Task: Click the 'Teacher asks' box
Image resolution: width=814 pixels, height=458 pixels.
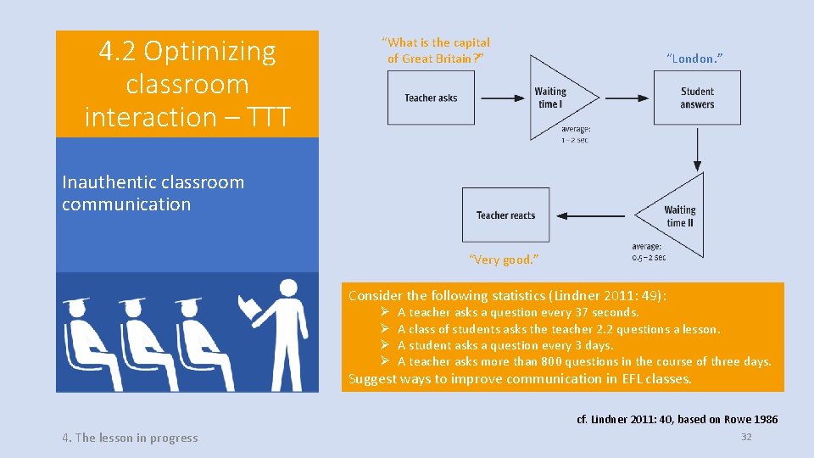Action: (x=431, y=98)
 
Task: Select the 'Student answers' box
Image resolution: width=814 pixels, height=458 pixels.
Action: (x=697, y=98)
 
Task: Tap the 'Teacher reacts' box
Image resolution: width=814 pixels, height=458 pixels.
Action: (x=505, y=215)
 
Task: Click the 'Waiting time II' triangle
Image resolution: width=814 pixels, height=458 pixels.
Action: (x=678, y=215)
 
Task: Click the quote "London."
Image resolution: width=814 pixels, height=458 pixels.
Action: (x=694, y=59)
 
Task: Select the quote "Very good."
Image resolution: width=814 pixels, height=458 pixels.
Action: (x=504, y=260)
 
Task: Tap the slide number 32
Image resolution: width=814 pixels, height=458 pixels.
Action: (x=746, y=436)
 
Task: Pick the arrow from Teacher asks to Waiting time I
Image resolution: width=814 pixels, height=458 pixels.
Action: (x=501, y=98)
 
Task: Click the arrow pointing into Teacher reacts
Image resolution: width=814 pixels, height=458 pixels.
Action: (x=594, y=215)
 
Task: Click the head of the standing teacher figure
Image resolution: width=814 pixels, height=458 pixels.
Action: (x=288, y=290)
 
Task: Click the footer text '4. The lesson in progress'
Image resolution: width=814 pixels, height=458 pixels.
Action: (x=130, y=438)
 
